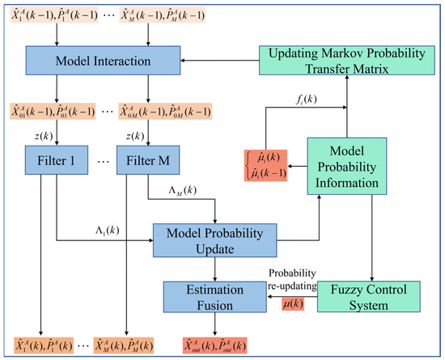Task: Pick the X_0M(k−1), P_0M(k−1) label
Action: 158,109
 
